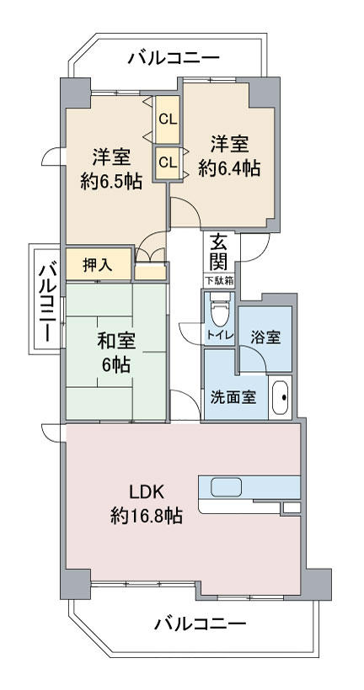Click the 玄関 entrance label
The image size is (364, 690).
coord(219,252)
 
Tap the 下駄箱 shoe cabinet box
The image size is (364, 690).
coord(219,280)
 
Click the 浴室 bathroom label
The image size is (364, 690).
coord(265,338)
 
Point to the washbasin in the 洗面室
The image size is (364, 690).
coord(280,398)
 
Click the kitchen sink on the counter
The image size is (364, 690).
coord(226,487)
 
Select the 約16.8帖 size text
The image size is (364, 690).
coord(146,515)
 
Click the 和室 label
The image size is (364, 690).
coord(116,342)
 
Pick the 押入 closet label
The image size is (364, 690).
coord(98,264)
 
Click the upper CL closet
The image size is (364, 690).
coord(168,119)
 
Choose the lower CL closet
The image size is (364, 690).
coord(168,162)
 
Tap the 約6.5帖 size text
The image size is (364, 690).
coord(111,181)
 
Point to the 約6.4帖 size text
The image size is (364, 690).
coord(228,168)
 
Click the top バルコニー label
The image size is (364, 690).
coord(174,58)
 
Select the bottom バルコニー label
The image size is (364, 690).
coord(200,624)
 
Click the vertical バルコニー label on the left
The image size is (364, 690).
coord(47,303)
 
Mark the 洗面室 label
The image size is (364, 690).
coord(233,398)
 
